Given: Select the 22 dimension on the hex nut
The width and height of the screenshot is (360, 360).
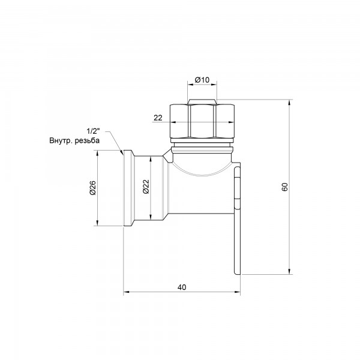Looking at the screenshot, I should click(x=158, y=118).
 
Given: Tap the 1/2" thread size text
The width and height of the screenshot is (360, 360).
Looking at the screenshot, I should click(x=93, y=131).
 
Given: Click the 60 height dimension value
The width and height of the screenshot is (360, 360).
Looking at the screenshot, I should click(x=285, y=187).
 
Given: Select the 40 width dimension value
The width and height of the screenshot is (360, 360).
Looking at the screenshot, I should click(x=182, y=287).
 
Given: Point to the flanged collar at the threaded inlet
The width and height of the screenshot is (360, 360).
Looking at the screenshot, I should click(x=128, y=188).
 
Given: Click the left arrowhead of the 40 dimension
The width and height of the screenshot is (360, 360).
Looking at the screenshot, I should click(x=125, y=293).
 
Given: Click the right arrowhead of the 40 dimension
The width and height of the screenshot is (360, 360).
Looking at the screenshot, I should click(x=239, y=293).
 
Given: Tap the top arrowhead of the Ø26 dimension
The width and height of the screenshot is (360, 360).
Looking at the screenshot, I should click(x=98, y=154).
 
